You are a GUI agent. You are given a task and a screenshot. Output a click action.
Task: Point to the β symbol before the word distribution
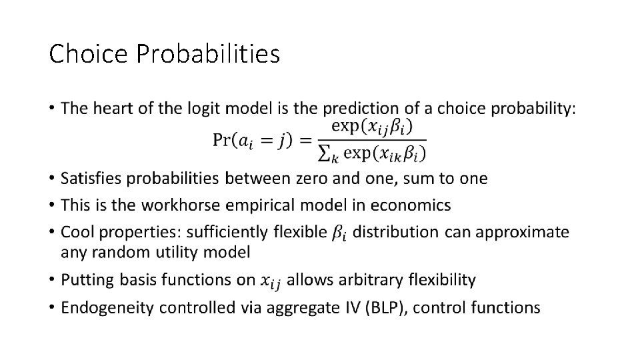[339, 233]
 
